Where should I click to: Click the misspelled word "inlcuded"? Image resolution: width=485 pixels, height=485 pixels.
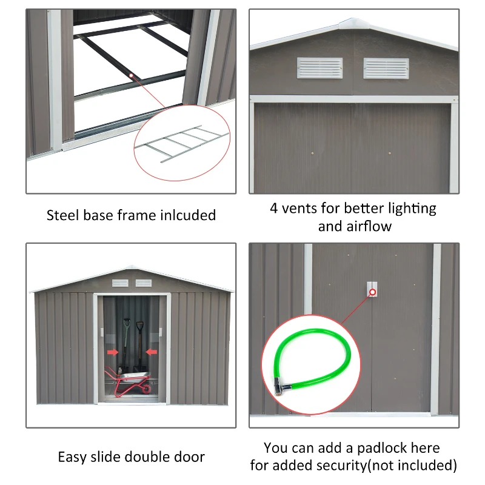point(188,215)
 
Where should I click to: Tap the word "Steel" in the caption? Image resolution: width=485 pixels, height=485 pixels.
point(62,215)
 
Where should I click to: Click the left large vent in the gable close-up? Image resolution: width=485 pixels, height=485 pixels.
point(319,68)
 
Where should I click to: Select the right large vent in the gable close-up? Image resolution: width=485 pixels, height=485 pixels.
point(386,68)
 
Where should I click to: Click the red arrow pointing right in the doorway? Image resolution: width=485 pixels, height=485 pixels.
point(112,351)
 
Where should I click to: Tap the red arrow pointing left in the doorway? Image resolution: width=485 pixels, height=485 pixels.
point(151,351)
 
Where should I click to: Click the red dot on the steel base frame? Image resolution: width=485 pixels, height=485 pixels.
point(132,75)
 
